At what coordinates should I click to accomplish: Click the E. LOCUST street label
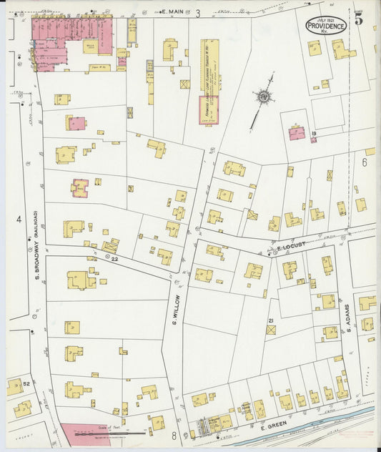pyautogui.click(x=291, y=245)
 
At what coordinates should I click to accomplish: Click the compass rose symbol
pyautogui.click(x=263, y=97)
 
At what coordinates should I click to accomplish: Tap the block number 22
pyautogui.click(x=114, y=259)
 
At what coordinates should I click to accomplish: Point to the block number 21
pyautogui.click(x=271, y=321)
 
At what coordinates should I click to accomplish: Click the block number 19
pyautogui.click(x=313, y=133)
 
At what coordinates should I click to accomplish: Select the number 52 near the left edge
pyautogui.click(x=26, y=384)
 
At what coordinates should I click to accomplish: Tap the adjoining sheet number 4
pyautogui.click(x=18, y=220)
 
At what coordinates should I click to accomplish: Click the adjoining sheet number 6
pyautogui.click(x=364, y=162)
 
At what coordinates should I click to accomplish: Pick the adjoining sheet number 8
pyautogui.click(x=173, y=435)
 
